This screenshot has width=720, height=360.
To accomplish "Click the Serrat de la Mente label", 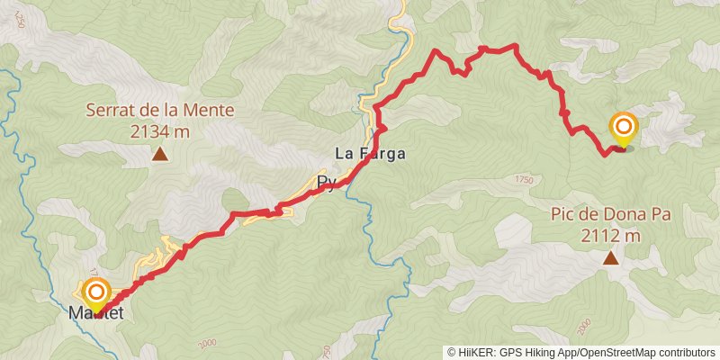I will click(160, 112).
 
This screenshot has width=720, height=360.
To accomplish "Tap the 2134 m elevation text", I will click(160, 131).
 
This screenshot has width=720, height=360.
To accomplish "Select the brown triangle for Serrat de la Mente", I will click(159, 156).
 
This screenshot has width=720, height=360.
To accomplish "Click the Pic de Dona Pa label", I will click(611, 216).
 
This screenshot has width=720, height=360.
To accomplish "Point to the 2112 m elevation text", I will click(611, 236).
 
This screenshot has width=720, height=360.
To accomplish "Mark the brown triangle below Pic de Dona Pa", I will click(610, 259).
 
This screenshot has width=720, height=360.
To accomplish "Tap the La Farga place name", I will click(370, 154).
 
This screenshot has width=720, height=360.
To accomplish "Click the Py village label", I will click(326, 184).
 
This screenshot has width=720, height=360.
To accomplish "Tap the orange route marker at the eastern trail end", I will click(623, 128).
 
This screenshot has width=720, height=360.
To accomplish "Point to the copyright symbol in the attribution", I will click(453, 353).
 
